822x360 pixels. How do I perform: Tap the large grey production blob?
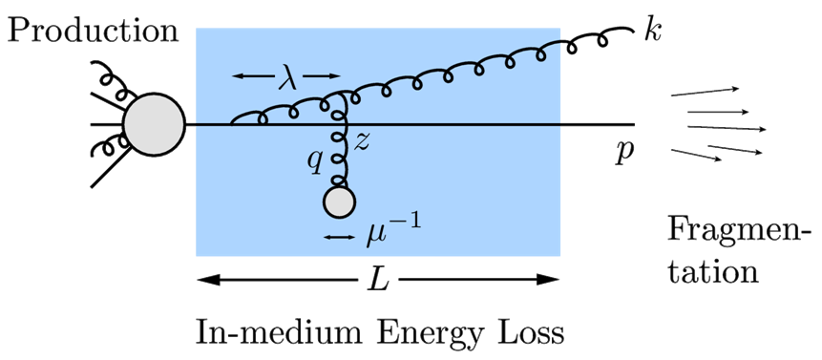[x=154, y=124]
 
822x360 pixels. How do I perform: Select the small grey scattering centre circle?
[x=339, y=202]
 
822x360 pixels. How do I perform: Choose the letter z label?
[x=361, y=143]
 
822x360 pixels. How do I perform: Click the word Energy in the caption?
[x=426, y=335]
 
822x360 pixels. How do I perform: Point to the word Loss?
[x=528, y=333]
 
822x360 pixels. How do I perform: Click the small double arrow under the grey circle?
[x=339, y=235]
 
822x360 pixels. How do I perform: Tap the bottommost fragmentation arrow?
[x=696, y=155]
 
